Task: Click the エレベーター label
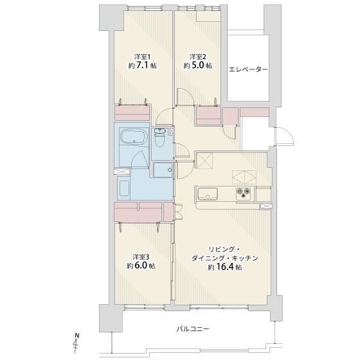point(248,69)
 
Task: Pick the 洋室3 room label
point(141,256)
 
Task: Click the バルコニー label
point(193,328)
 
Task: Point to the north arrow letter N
point(77,336)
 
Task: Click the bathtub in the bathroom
point(132,137)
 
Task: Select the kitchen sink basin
point(208,194)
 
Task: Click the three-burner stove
point(244,193)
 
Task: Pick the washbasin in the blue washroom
point(124,188)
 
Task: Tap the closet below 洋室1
point(132,113)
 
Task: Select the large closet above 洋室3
point(138,212)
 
